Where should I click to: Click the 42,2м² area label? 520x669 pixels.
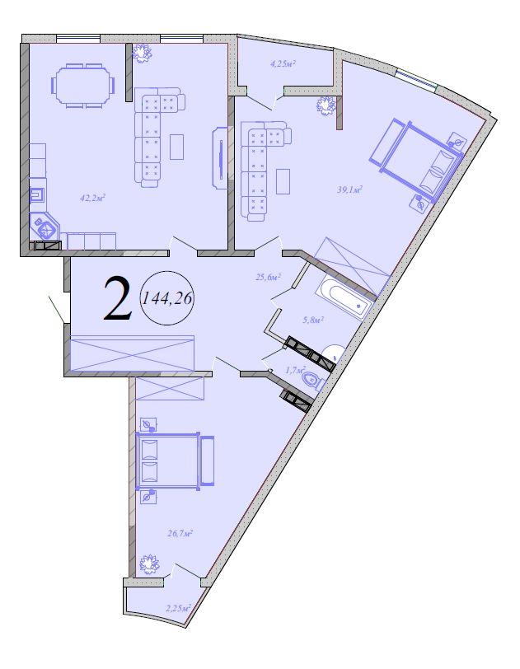(x=92, y=198)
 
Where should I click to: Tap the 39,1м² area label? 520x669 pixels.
(x=349, y=189)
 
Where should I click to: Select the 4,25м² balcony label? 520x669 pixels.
(x=283, y=64)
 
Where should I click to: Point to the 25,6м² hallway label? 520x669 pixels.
(x=267, y=277)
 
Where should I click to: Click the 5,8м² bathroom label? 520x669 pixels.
(x=312, y=320)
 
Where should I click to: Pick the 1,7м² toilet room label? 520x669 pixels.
(x=295, y=369)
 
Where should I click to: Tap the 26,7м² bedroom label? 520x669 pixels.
(x=180, y=533)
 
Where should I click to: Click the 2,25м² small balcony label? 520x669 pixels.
(x=178, y=608)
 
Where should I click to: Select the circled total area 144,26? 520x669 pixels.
(x=167, y=298)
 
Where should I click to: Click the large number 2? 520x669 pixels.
(x=117, y=298)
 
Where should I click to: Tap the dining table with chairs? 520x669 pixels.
(x=83, y=85)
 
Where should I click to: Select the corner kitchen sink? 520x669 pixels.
(x=45, y=227)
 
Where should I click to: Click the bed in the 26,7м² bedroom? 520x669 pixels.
(x=175, y=461)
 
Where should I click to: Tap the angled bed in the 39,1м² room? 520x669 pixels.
(x=416, y=160)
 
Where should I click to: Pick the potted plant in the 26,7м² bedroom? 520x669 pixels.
(x=149, y=564)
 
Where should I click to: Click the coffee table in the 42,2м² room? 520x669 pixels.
(x=176, y=147)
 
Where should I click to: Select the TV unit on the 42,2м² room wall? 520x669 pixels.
(x=220, y=157)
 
